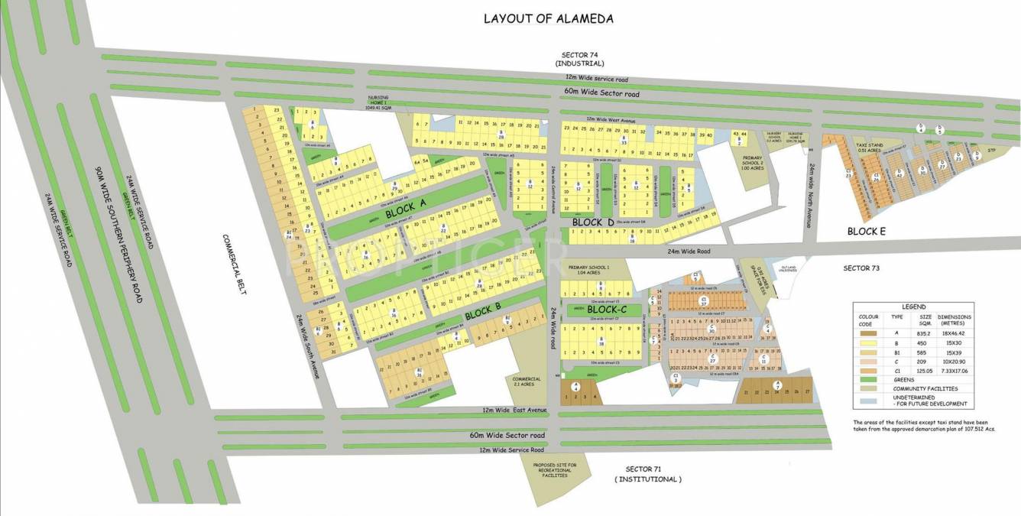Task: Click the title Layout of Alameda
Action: click(548, 18)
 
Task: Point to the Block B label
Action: click(482, 311)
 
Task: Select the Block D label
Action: click(592, 222)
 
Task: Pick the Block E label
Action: click(866, 231)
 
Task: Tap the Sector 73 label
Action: click(862, 268)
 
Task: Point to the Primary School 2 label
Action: click(754, 161)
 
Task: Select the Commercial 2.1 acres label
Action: click(526, 381)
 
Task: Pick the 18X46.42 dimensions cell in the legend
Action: click(954, 333)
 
